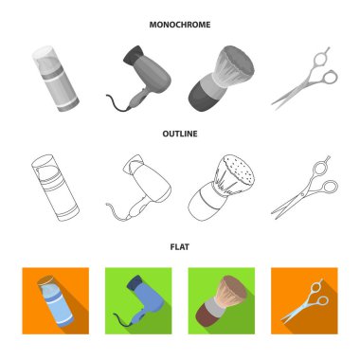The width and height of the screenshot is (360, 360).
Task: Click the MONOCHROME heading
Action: point(180,25)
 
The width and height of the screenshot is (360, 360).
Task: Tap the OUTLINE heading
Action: point(180,134)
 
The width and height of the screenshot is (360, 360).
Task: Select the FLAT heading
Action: point(180,246)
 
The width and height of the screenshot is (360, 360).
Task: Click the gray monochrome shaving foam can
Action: point(55,79)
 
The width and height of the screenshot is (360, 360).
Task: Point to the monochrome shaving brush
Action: point(221,79)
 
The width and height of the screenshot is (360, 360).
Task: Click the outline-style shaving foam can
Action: point(55,188)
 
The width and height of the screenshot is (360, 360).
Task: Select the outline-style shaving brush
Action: point(221,188)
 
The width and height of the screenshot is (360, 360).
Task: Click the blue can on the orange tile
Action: point(55,300)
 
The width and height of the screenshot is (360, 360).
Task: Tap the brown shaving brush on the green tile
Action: point(221,298)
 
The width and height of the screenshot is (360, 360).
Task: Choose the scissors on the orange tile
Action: point(306,300)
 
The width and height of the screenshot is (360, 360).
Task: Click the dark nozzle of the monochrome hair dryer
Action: point(133,54)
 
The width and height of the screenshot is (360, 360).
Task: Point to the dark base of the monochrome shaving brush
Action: point(202,98)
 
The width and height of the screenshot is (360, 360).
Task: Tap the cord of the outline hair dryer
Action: point(117,211)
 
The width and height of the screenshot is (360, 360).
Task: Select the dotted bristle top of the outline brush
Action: point(240,171)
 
